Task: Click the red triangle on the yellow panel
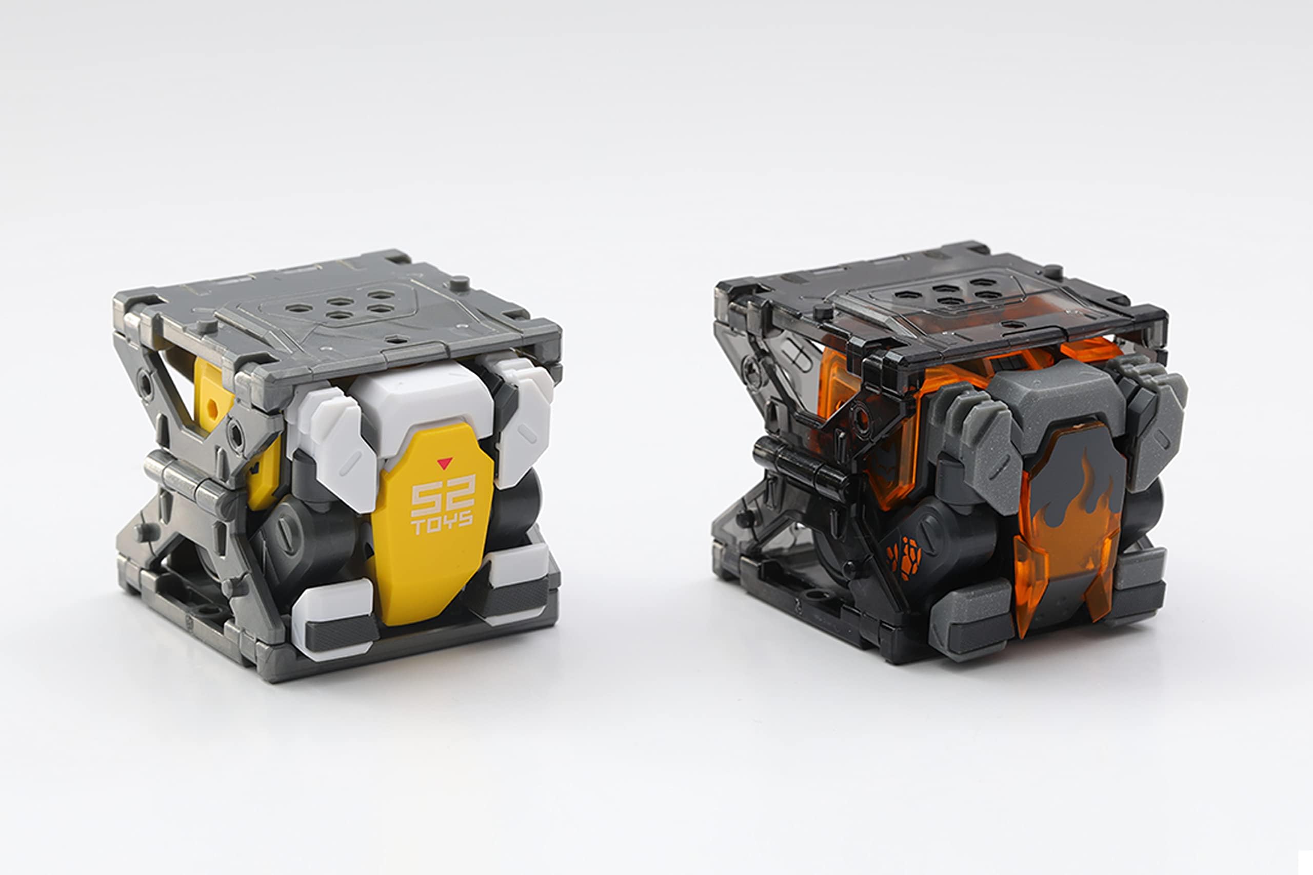click(444, 462)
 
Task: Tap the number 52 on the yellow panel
click(443, 496)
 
